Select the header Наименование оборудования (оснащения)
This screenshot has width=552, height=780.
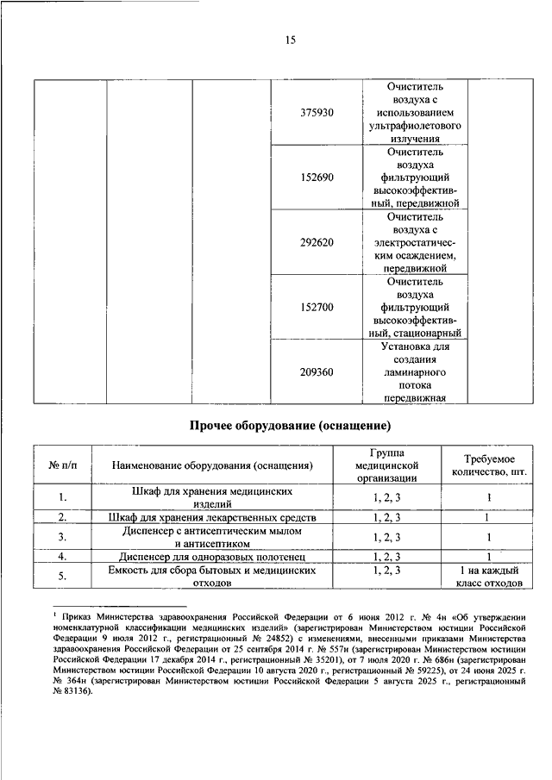tap(211, 465)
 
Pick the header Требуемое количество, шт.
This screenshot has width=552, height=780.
tap(488, 465)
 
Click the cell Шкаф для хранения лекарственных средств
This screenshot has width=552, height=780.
tap(211, 517)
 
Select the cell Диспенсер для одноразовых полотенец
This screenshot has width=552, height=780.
tap(211, 558)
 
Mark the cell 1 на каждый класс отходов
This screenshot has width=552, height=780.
tap(488, 577)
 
